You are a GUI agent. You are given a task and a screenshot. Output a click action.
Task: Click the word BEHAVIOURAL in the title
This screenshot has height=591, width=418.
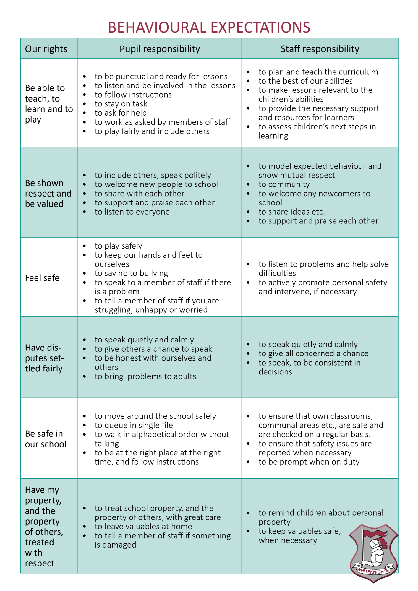(x=157, y=27)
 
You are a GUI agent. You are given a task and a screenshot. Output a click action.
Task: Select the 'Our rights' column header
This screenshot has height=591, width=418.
(x=46, y=49)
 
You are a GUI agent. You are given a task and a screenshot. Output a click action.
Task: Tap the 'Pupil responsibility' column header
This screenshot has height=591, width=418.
(x=160, y=49)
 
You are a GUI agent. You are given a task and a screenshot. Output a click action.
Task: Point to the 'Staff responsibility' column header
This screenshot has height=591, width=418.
(x=320, y=49)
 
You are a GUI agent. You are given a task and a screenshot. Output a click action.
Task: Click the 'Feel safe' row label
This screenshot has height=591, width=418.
(x=42, y=278)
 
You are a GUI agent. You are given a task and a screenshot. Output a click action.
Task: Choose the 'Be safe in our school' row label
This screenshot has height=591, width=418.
(x=46, y=439)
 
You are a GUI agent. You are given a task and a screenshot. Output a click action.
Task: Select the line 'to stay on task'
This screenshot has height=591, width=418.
(x=121, y=104)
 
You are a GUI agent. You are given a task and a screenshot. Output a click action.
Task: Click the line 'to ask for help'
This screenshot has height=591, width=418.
(x=121, y=113)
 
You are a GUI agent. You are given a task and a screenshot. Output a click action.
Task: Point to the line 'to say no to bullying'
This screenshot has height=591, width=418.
(x=131, y=273)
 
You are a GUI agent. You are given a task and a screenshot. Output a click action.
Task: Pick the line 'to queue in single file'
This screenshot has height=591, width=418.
(x=134, y=425)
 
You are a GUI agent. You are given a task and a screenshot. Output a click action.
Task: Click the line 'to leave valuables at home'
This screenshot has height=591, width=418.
(x=143, y=527)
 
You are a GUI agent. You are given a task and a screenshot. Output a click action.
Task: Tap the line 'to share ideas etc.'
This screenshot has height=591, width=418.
(x=292, y=212)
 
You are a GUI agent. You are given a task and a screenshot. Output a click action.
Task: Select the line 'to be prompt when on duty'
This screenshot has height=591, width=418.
(x=309, y=462)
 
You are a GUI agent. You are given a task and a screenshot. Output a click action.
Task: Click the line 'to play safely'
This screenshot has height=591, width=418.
(x=118, y=246)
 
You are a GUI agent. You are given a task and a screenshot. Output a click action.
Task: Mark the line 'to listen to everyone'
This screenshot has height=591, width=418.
(x=132, y=212)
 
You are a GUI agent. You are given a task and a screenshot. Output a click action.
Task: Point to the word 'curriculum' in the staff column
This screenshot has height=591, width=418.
(x=359, y=72)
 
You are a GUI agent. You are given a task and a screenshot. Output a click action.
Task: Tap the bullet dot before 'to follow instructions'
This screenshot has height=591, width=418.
(x=85, y=95)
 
